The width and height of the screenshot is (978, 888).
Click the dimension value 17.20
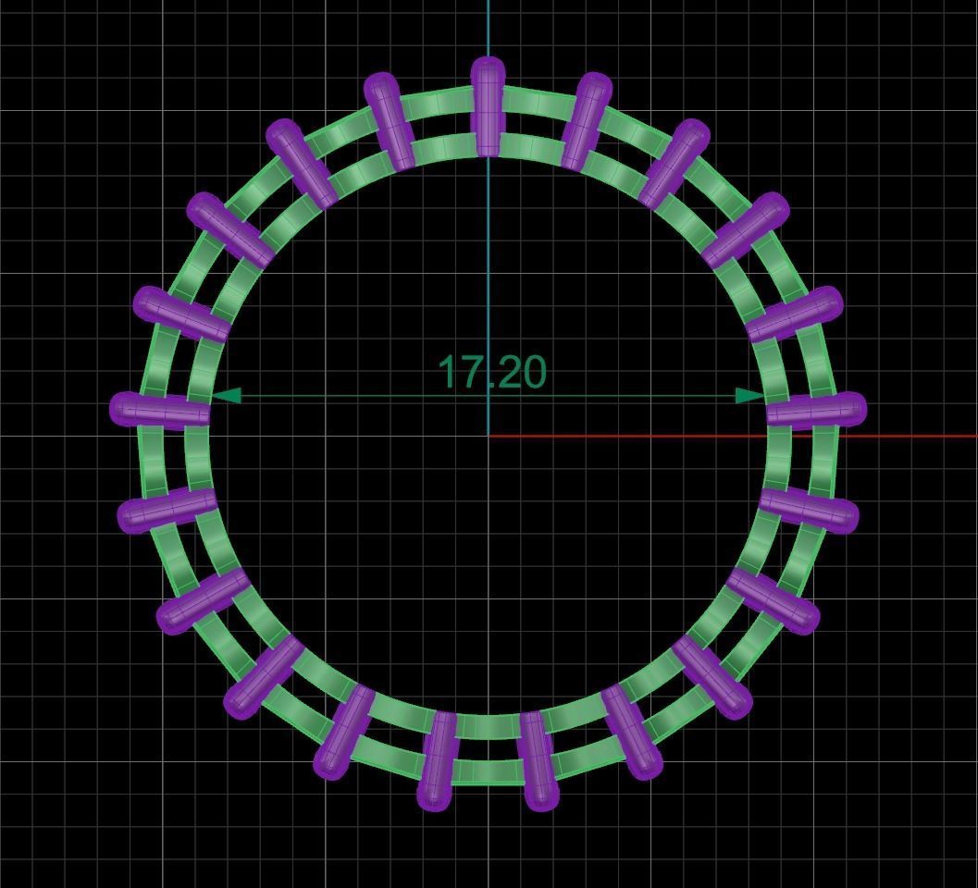pyautogui.click(x=491, y=372)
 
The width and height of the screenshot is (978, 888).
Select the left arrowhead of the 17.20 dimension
pyautogui.click(x=228, y=396)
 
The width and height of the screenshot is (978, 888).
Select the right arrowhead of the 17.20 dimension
pyautogui.click(x=749, y=396)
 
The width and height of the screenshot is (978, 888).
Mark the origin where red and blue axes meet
pyautogui.click(x=489, y=436)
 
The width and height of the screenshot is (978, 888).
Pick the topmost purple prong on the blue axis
pyautogui.click(x=488, y=106)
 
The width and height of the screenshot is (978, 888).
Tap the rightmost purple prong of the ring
pyautogui.click(x=816, y=410)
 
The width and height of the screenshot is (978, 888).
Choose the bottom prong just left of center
pyautogui.click(x=438, y=760)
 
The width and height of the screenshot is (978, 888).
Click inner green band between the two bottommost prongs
pyautogui.click(x=488, y=727)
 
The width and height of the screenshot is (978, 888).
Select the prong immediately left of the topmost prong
pyautogui.click(x=390, y=121)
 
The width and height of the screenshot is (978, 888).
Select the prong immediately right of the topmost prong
pyautogui.click(x=586, y=121)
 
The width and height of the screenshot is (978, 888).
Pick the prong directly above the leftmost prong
pyautogui.click(x=181, y=314)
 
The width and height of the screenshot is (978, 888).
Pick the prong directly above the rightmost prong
pyautogui.click(x=795, y=314)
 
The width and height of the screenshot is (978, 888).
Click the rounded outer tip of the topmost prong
pyautogui.click(x=488, y=67)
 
